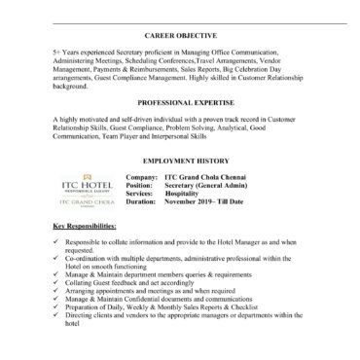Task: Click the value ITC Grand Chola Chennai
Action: click(x=212, y=171)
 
